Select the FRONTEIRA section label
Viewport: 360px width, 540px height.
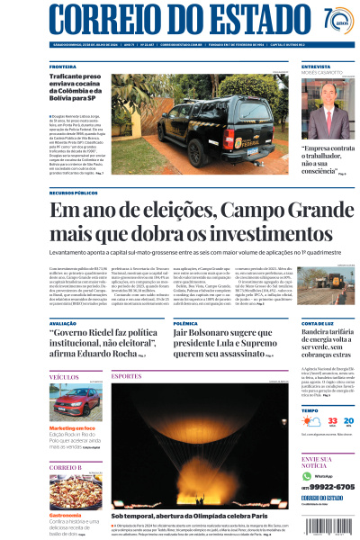(63, 67)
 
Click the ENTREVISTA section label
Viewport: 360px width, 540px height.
(316, 67)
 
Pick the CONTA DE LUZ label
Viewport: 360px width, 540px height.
(319, 322)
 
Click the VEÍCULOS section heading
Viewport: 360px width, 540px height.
(63, 377)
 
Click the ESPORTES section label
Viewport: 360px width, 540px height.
(127, 375)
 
